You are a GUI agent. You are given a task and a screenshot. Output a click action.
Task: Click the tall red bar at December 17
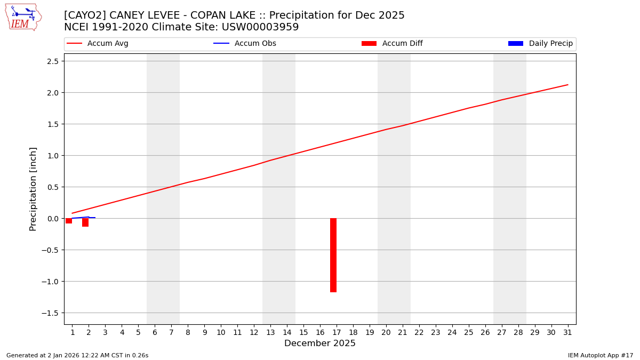pyautogui.click(x=333, y=255)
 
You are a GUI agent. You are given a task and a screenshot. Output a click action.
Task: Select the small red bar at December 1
pyautogui.click(x=69, y=221)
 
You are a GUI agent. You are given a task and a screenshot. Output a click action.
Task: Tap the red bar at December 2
pyautogui.click(x=85, y=222)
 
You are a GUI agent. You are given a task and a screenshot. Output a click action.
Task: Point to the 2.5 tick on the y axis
pyautogui.click(x=52, y=61)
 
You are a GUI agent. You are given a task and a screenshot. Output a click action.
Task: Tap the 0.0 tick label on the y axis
pyautogui.click(x=52, y=219)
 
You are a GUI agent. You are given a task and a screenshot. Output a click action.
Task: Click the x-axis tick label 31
pyautogui.click(x=567, y=332)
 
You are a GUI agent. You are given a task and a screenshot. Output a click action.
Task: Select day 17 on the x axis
pyautogui.click(x=337, y=332)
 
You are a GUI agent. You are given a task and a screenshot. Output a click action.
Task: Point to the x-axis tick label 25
pyautogui.click(x=468, y=332)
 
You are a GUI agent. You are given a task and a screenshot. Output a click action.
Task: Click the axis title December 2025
pyautogui.click(x=319, y=343)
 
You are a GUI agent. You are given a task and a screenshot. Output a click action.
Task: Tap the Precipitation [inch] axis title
pyautogui.click(x=33, y=189)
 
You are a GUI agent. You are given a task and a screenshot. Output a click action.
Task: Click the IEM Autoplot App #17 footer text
pyautogui.click(x=600, y=355)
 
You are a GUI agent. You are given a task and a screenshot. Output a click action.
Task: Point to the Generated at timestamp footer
pyautogui.click(x=77, y=355)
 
